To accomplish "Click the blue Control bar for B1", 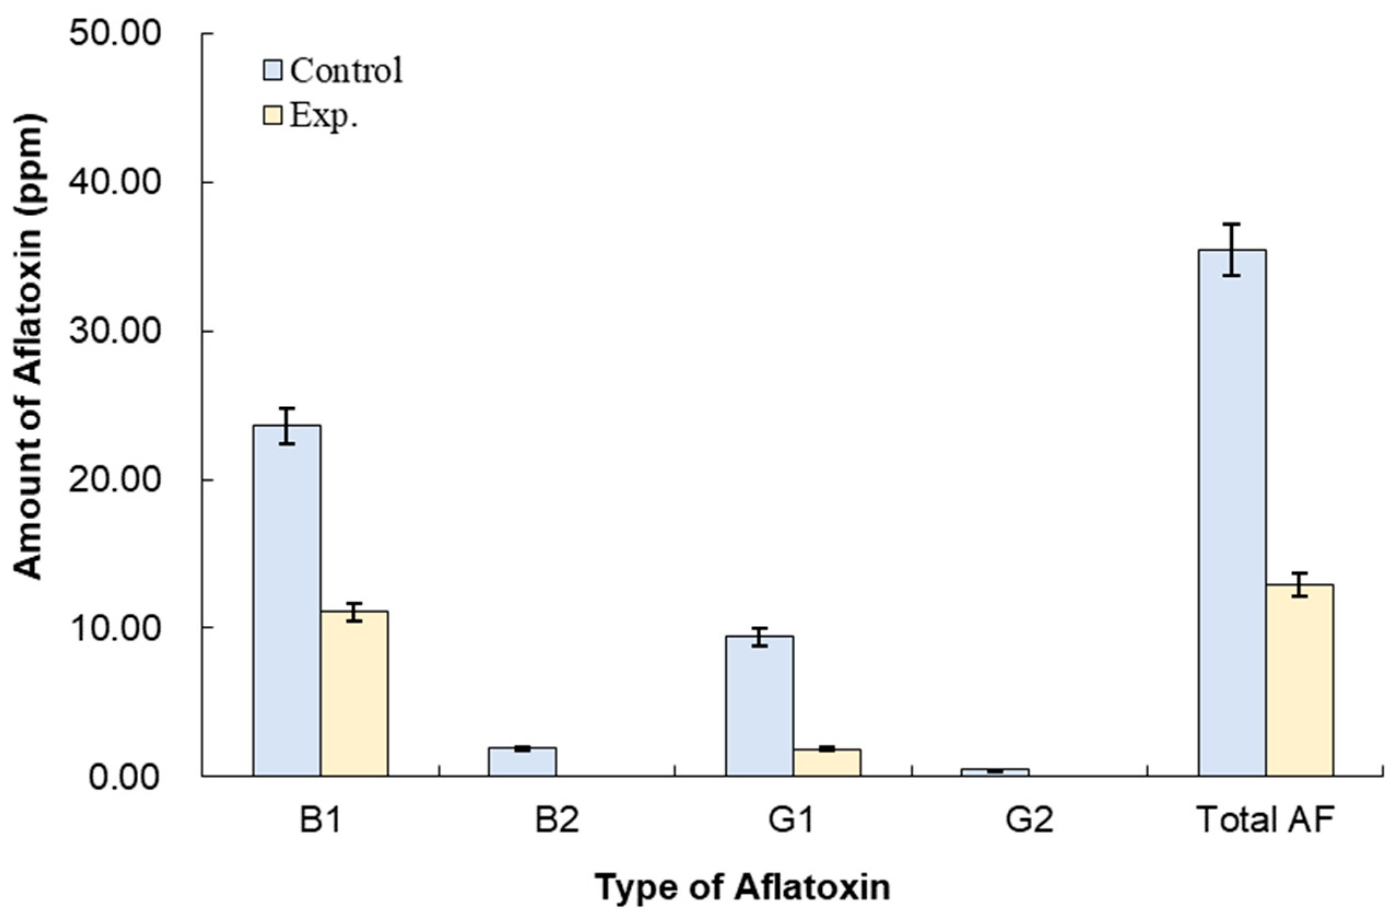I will pyautogui.click(x=287, y=600).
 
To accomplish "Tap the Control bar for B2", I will pyautogui.click(x=522, y=762).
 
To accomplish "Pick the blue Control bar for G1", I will pyautogui.click(x=760, y=706).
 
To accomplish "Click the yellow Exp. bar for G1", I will pyautogui.click(x=826, y=762).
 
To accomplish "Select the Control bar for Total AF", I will pyautogui.click(x=1232, y=512).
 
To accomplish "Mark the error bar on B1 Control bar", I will pyautogui.click(x=287, y=425).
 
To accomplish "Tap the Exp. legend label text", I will pyautogui.click(x=323, y=116).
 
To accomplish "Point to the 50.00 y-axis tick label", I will pyautogui.click(x=115, y=34).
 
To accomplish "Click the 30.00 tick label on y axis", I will pyautogui.click(x=115, y=331).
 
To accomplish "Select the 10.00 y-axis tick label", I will pyautogui.click(x=115, y=629).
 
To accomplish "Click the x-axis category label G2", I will pyautogui.click(x=1028, y=820).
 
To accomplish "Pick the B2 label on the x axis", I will pyautogui.click(x=556, y=820).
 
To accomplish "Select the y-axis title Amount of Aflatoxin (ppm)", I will pyautogui.click(x=28, y=347).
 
